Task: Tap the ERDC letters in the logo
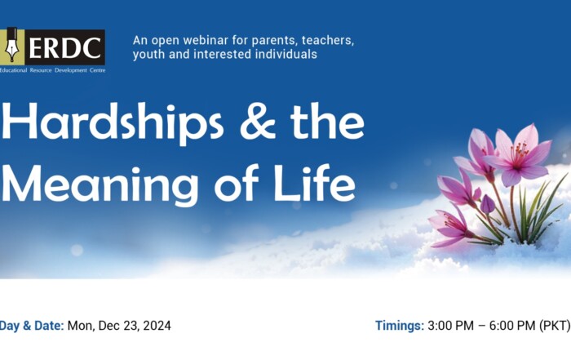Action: [x=64, y=47]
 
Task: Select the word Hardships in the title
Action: [x=113, y=122]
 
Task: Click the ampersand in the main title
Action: [x=258, y=121]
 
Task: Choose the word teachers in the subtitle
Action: [x=328, y=41]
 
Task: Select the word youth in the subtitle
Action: [x=148, y=55]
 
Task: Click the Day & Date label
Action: [x=32, y=326]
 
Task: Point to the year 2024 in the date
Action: [x=157, y=326]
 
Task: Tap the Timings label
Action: [x=400, y=326]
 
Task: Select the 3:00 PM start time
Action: [x=451, y=326]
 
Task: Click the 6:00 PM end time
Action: [x=512, y=326]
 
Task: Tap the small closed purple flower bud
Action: [x=487, y=204]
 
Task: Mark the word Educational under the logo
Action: [x=14, y=70]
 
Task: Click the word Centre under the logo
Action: [x=97, y=70]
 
